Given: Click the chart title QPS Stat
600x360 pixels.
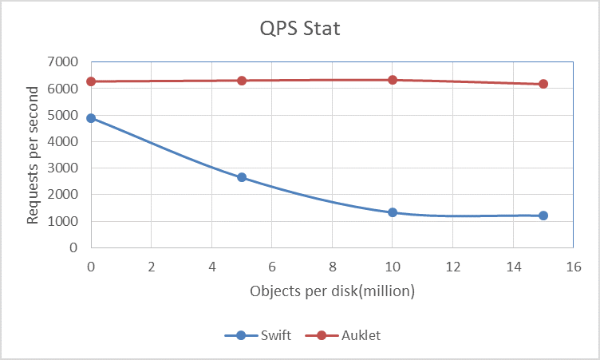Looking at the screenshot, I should click(x=301, y=30).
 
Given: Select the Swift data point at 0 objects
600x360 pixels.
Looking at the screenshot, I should click(x=91, y=118).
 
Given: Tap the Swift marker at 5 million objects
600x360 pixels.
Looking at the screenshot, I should click(x=242, y=177).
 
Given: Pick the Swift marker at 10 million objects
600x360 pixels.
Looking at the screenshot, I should click(x=393, y=212).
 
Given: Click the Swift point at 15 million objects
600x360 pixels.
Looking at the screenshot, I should click(x=543, y=216).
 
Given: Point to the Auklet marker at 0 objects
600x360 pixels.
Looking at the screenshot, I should click(x=91, y=81).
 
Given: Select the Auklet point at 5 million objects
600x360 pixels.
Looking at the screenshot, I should click(x=242, y=81).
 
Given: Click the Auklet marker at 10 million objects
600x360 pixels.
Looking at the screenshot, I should click(x=393, y=80).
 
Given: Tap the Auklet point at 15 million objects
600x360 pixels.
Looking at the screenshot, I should click(x=543, y=84).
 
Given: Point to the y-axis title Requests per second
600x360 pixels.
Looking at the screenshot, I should click(x=33, y=154).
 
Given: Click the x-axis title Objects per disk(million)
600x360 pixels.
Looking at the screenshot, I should click(x=333, y=292).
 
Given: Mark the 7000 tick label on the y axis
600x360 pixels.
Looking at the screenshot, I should click(x=64, y=62).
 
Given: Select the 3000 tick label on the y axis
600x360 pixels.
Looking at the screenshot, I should click(x=64, y=168).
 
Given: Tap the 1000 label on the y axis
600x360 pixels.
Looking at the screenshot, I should click(x=64, y=221).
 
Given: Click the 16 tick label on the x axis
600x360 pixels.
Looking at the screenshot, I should click(x=572, y=266).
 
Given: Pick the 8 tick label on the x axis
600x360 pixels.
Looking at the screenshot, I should click(x=332, y=266).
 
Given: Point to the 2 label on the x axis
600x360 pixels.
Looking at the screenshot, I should click(x=152, y=266).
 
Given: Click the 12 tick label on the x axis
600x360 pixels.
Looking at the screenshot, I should click(x=452, y=266).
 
